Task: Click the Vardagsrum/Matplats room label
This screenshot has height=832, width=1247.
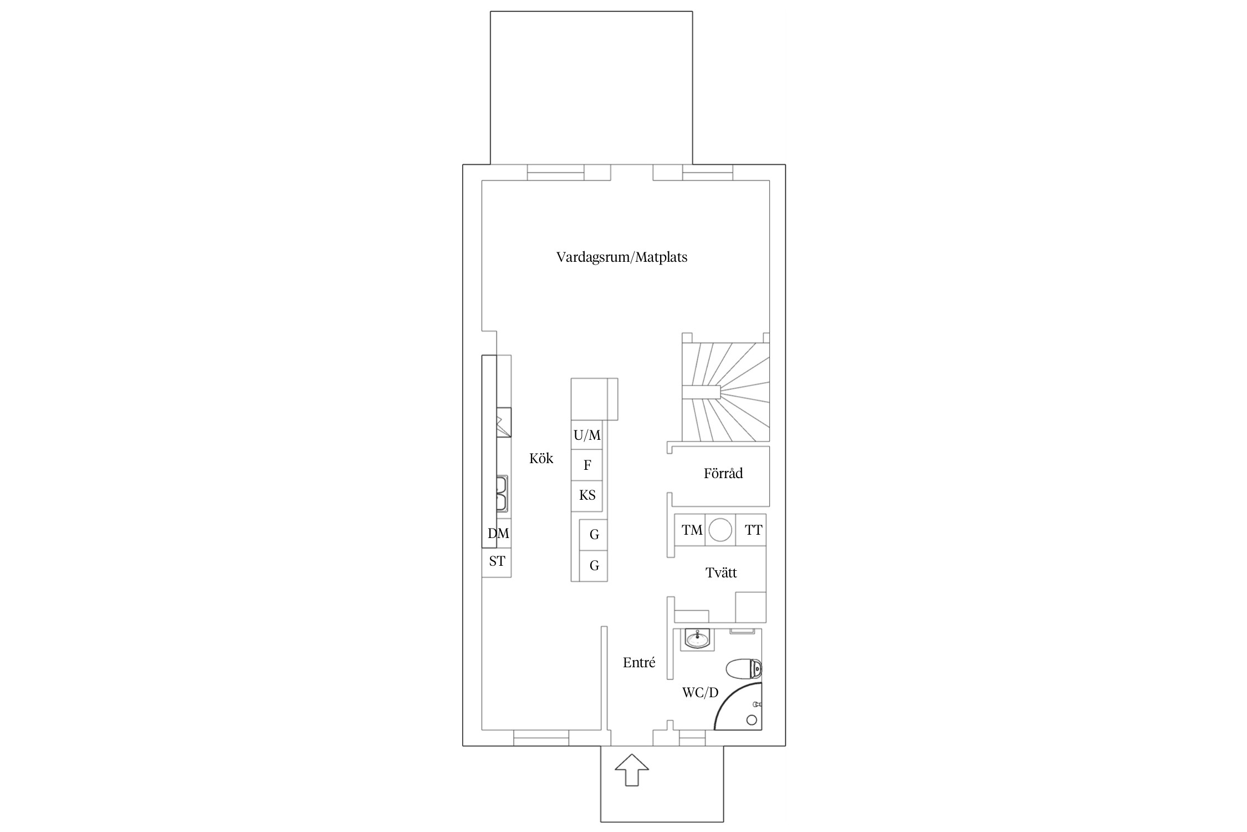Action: (622, 257)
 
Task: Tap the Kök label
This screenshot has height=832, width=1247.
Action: (541, 458)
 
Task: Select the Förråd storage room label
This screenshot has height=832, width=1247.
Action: (723, 473)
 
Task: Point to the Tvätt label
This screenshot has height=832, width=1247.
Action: (721, 572)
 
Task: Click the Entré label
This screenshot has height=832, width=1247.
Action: (639, 662)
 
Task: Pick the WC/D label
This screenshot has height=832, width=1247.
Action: (700, 692)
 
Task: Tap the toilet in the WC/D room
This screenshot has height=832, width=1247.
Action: (743, 668)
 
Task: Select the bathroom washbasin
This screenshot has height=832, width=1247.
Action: (697, 640)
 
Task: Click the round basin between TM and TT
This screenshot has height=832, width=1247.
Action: (720, 530)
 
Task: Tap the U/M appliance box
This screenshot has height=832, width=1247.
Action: (587, 435)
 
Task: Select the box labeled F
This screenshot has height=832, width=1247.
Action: (587, 465)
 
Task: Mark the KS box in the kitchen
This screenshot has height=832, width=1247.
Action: (587, 495)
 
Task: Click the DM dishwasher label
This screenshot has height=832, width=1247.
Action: (498, 533)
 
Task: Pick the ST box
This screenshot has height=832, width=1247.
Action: (497, 561)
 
